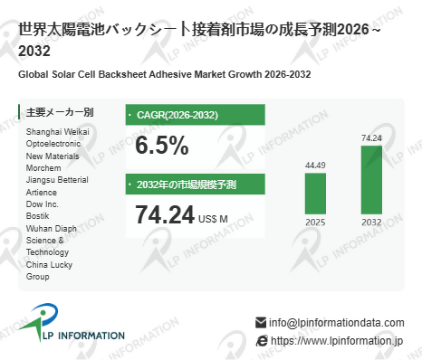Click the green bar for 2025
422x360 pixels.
pyautogui.click(x=315, y=194)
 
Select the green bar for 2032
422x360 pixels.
pyautogui.click(x=371, y=180)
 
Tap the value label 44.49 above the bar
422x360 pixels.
pyautogui.click(x=315, y=166)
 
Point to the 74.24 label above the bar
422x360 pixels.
pyautogui.click(x=371, y=138)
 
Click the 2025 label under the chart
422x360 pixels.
pyautogui.click(x=315, y=223)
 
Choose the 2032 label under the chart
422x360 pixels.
pyautogui.click(x=371, y=223)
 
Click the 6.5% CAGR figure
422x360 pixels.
pyautogui.click(x=162, y=146)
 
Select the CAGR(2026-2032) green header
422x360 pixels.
pyautogui.click(x=196, y=115)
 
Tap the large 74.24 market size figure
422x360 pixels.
pyautogui.click(x=165, y=214)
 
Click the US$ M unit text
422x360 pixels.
pyautogui.click(x=213, y=219)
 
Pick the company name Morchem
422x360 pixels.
pyautogui.click(x=43, y=168)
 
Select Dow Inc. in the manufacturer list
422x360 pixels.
pyautogui.click(x=43, y=204)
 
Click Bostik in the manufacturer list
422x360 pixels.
pyautogui.click(x=37, y=216)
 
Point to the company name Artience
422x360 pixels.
pyautogui.click(x=42, y=192)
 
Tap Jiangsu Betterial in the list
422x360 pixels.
pyautogui.click(x=57, y=180)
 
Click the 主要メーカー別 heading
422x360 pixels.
pyautogui.click(x=60, y=112)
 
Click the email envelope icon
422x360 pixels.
pyautogui.click(x=261, y=323)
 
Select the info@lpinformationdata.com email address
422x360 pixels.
pyautogui.click(x=337, y=323)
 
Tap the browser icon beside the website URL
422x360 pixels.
pyautogui.click(x=262, y=341)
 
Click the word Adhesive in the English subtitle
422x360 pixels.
pyautogui.click(x=170, y=74)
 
